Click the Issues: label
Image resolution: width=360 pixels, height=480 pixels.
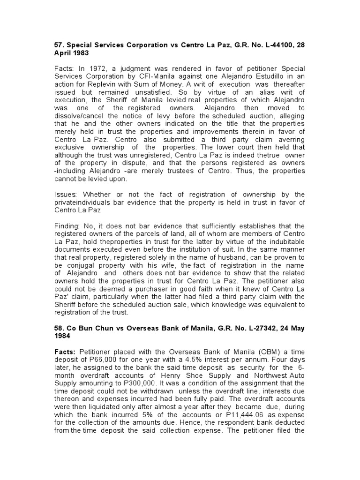pos(67,195)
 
